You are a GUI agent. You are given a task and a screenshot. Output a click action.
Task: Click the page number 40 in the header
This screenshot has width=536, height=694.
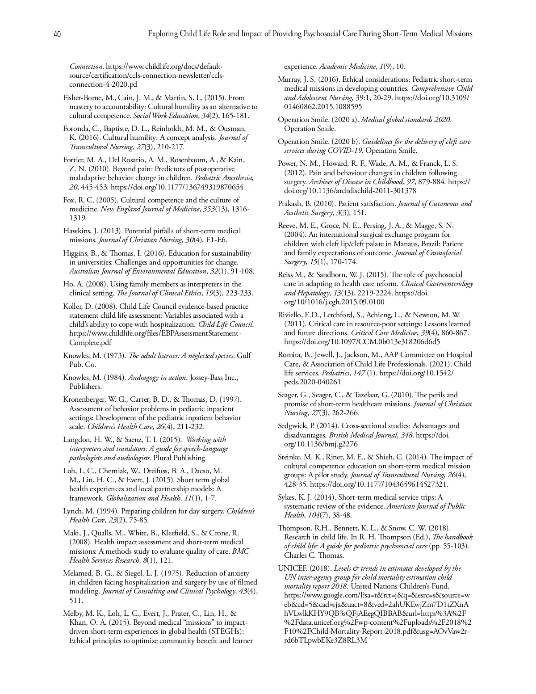[57, 34]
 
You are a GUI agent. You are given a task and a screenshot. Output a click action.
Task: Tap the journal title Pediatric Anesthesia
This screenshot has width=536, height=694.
[223, 178]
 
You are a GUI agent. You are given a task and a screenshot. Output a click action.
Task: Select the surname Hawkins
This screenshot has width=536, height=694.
[76, 231]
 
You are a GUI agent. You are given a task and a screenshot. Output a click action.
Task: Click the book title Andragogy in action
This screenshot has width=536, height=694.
[157, 378]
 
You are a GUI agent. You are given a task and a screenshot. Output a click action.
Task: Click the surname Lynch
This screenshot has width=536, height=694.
[72, 511]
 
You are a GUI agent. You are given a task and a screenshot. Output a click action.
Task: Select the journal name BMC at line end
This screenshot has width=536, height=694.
[241, 551]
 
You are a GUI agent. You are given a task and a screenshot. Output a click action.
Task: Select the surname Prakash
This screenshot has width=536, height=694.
[290, 204]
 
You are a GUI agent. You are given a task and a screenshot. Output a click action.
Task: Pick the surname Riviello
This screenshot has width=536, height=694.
[291, 315]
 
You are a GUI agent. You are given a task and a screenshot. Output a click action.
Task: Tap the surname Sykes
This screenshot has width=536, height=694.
[287, 497]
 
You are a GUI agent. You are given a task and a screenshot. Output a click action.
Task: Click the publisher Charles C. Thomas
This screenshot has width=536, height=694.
[314, 555]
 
